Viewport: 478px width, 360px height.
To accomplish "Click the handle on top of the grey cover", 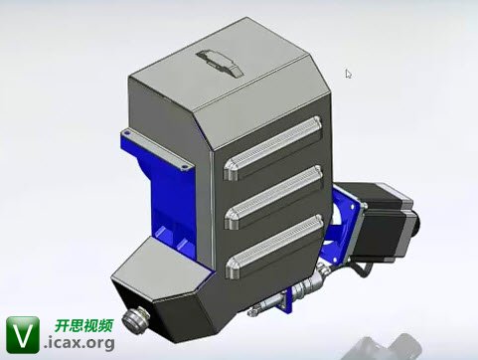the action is point(221,63).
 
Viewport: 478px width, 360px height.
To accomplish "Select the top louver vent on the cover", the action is point(272,147).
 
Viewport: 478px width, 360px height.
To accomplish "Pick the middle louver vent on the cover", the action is point(273,197).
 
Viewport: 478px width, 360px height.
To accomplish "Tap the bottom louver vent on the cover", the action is point(274,247).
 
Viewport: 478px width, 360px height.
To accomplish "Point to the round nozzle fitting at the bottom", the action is point(135,319).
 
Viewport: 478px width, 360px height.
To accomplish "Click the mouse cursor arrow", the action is point(348,74).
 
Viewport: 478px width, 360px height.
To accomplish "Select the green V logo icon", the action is point(23,335).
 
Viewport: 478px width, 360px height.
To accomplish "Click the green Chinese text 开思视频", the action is point(84,326).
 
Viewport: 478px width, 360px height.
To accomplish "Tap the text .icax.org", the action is point(80,342).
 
